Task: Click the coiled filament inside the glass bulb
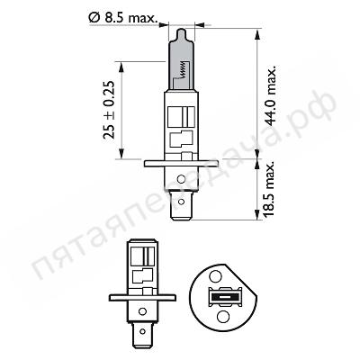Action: [x=183, y=63]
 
